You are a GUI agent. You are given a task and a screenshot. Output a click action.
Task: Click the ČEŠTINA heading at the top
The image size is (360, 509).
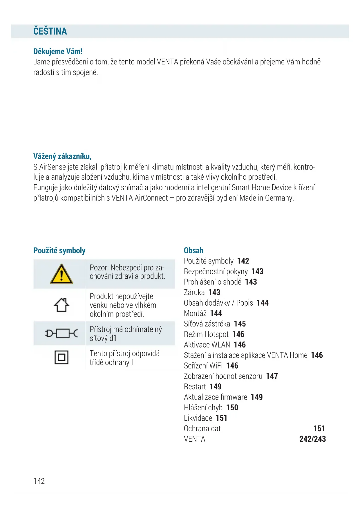click(50, 31)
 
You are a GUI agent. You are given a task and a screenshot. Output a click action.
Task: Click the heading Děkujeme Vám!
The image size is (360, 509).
click(58, 51)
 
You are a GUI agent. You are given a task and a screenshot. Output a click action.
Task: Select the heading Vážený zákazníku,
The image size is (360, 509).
click(62, 156)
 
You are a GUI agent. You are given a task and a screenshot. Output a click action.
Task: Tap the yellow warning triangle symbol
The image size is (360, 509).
click(61, 274)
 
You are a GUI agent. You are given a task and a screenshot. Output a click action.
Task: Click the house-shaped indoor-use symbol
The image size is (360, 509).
click(61, 305)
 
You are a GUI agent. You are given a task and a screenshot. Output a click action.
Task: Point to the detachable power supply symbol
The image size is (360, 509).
click(61, 333)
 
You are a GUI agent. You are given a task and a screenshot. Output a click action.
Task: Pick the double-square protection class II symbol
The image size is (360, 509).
click(61, 357)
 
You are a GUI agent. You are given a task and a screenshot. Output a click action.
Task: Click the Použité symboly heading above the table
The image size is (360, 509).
click(59, 250)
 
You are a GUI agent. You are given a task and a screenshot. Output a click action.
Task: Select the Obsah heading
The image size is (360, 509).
click(193, 250)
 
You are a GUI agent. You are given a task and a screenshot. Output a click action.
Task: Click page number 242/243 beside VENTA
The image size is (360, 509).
click(312, 439)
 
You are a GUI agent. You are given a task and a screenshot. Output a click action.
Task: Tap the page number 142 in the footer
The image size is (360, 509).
click(39, 481)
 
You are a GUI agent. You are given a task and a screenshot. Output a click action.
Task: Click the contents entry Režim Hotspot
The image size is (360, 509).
click(206, 334)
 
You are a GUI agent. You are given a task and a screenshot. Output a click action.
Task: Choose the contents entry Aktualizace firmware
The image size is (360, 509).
click(215, 397)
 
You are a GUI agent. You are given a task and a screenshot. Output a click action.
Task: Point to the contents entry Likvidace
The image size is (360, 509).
click(198, 418)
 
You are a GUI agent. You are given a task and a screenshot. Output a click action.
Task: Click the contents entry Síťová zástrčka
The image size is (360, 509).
click(207, 324)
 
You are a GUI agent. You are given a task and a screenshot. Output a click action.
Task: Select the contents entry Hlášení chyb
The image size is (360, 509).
click(203, 407)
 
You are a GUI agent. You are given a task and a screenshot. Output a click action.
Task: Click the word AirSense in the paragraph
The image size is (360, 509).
click(53, 167)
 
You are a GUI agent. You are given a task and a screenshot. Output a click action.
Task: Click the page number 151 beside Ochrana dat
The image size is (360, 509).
click(319, 428)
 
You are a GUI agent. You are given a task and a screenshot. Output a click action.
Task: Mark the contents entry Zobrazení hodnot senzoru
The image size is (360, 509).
click(223, 376)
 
